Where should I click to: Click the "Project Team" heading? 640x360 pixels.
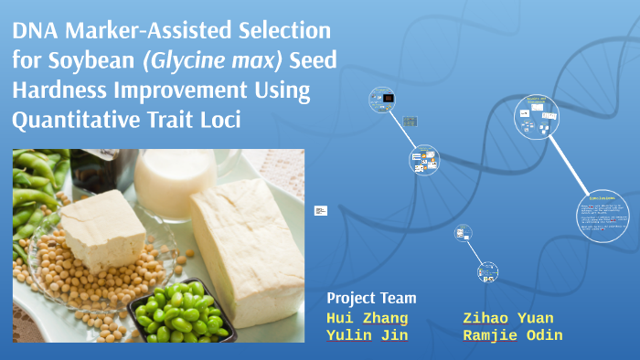point(371,299)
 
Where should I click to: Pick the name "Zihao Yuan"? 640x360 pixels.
point(508,318)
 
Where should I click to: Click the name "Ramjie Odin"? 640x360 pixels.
point(513,335)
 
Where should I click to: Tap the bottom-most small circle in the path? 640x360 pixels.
point(487,272)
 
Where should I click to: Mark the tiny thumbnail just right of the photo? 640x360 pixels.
point(320,211)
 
